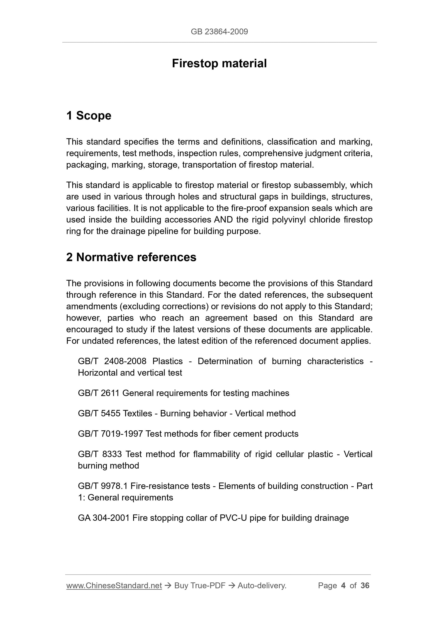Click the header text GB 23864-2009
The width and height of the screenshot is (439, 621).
(219, 32)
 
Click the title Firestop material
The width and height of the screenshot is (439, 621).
(219, 64)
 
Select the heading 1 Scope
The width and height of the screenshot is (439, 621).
(89, 115)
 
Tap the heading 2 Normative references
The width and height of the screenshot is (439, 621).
(131, 257)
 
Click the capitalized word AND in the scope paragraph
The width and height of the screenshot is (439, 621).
(223, 220)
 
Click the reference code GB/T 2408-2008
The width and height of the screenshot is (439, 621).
(112, 361)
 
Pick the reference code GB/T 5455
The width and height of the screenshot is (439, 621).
(99, 413)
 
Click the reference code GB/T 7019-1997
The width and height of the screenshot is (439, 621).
(110, 434)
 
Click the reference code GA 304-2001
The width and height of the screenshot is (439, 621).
(104, 518)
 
